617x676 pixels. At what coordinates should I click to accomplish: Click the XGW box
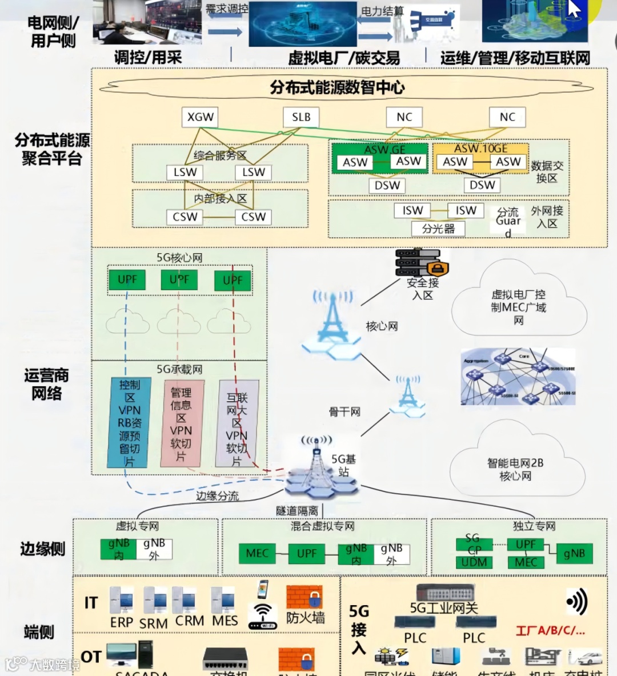click(x=201, y=117)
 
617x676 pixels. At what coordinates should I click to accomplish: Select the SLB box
click(x=301, y=117)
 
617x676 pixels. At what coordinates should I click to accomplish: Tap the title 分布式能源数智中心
click(x=337, y=87)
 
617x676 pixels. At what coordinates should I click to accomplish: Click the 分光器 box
click(x=438, y=229)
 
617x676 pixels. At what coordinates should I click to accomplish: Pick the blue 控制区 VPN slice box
click(x=130, y=422)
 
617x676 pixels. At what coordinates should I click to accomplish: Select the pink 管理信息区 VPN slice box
click(x=181, y=423)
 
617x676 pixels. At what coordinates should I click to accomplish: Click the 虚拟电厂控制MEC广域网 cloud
click(x=518, y=306)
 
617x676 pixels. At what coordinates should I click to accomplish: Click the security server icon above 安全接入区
click(x=422, y=262)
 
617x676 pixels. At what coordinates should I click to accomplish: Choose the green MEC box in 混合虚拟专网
click(x=257, y=553)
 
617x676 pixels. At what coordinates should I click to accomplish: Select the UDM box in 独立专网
click(x=474, y=562)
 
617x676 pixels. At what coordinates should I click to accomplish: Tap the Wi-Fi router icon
click(x=263, y=615)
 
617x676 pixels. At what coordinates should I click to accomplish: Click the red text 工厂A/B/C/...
click(x=550, y=631)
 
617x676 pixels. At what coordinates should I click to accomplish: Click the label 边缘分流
click(x=217, y=496)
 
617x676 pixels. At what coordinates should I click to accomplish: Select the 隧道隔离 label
click(x=297, y=510)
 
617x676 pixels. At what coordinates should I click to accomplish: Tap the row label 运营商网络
click(x=46, y=384)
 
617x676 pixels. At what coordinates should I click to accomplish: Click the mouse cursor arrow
click(x=574, y=9)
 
